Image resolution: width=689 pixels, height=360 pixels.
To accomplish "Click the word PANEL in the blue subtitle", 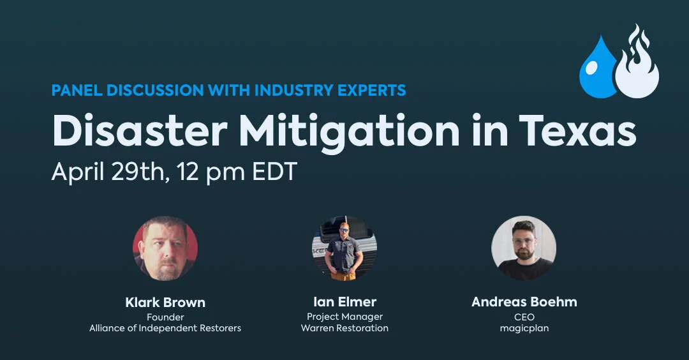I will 76,91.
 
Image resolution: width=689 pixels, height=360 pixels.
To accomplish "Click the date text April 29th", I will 107,172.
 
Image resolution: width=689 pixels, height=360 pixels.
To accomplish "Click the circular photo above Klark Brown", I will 165,248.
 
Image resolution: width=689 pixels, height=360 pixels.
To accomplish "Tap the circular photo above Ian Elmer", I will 344,248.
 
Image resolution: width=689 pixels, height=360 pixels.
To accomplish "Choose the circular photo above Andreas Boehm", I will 524,248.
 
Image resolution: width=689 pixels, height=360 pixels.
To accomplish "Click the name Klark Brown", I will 165,302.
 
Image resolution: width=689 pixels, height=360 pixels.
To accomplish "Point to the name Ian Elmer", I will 344,302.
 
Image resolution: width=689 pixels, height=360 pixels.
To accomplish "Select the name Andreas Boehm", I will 524,302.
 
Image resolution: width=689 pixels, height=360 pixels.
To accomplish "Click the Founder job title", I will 165,317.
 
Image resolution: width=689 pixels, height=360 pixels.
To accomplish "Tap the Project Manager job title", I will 344,317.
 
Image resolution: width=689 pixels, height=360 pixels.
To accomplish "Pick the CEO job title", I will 524,317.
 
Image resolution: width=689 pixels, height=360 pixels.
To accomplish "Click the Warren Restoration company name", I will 344,329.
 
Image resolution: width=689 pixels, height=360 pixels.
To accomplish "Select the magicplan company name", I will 524,329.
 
